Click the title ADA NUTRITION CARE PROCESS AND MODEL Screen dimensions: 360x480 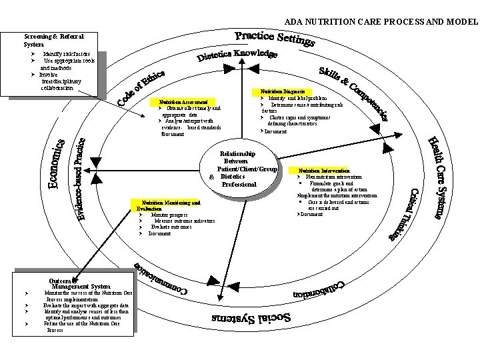click(x=381, y=21)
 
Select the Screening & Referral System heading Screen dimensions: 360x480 click(x=53, y=40)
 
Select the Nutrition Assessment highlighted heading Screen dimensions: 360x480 click(x=183, y=102)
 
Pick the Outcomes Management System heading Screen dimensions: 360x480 click(x=75, y=283)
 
